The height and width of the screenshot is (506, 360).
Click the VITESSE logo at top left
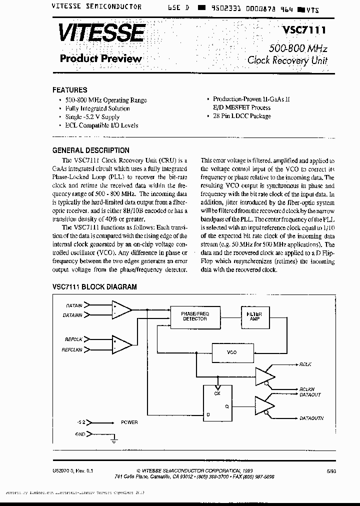(102, 33)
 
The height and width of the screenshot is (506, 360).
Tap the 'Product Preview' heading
(101, 58)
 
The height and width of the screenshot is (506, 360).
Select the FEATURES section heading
(69, 90)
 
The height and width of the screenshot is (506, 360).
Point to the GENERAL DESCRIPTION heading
(90, 150)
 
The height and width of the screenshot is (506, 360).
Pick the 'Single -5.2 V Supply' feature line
(92, 117)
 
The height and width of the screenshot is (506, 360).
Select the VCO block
(231, 352)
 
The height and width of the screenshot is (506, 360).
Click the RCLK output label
(305, 364)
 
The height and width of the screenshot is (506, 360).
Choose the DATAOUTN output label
(311, 417)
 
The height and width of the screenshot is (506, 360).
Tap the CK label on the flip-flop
(217, 392)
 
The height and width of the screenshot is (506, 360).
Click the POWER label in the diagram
(129, 422)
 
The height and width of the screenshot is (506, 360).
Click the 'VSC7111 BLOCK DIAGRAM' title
(94, 287)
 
